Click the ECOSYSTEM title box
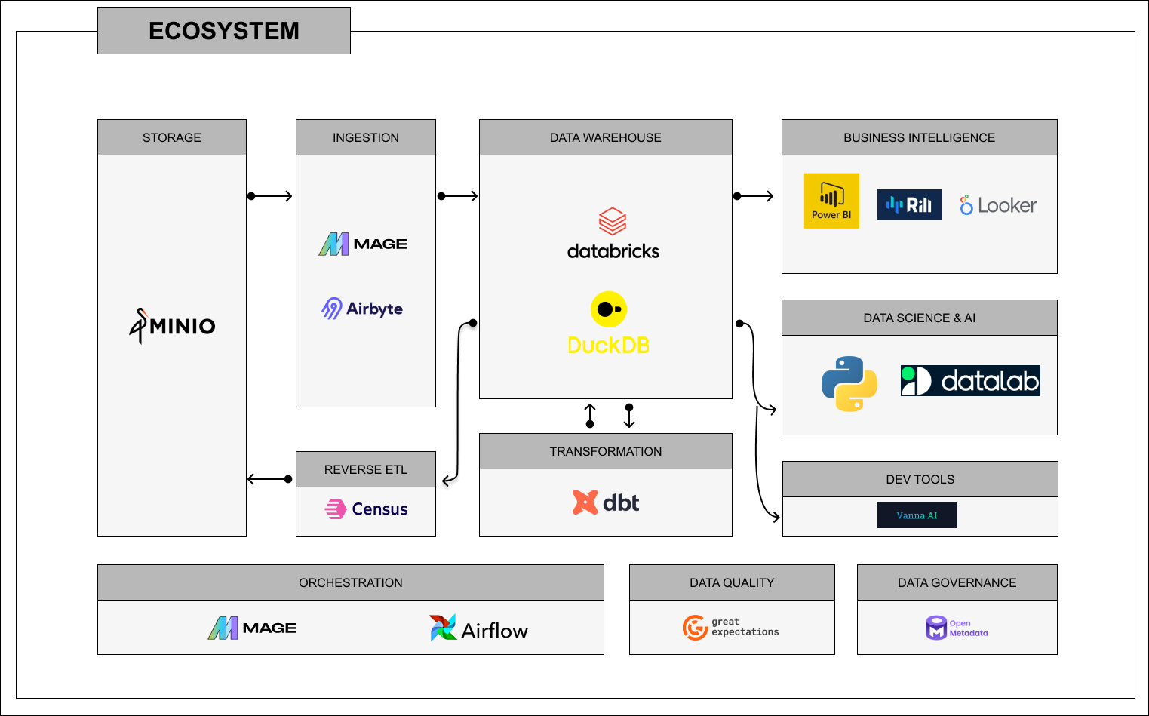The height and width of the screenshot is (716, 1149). click(224, 31)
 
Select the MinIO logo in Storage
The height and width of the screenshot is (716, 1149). click(173, 326)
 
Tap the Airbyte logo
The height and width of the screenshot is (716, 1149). click(362, 309)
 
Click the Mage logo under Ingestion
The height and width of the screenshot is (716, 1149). click(363, 244)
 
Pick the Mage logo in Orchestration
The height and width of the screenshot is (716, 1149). click(252, 628)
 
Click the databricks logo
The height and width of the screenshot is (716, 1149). click(613, 235)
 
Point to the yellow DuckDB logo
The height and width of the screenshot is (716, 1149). click(608, 324)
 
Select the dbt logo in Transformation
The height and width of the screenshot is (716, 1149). click(606, 502)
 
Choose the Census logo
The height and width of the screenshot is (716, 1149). click(367, 509)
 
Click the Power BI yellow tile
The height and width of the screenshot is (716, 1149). click(831, 201)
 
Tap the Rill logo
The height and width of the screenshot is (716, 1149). click(909, 204)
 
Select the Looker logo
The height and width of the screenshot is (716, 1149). click(998, 205)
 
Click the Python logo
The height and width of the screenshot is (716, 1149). click(849, 383)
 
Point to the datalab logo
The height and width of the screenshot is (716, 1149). click(970, 381)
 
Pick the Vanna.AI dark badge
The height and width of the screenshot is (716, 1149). click(917, 515)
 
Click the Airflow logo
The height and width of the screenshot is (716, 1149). click(479, 628)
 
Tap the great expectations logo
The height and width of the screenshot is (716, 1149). click(731, 627)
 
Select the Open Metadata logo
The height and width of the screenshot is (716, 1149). click(957, 628)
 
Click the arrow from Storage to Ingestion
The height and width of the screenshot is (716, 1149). click(270, 196)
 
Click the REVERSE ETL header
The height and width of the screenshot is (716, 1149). click(366, 469)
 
